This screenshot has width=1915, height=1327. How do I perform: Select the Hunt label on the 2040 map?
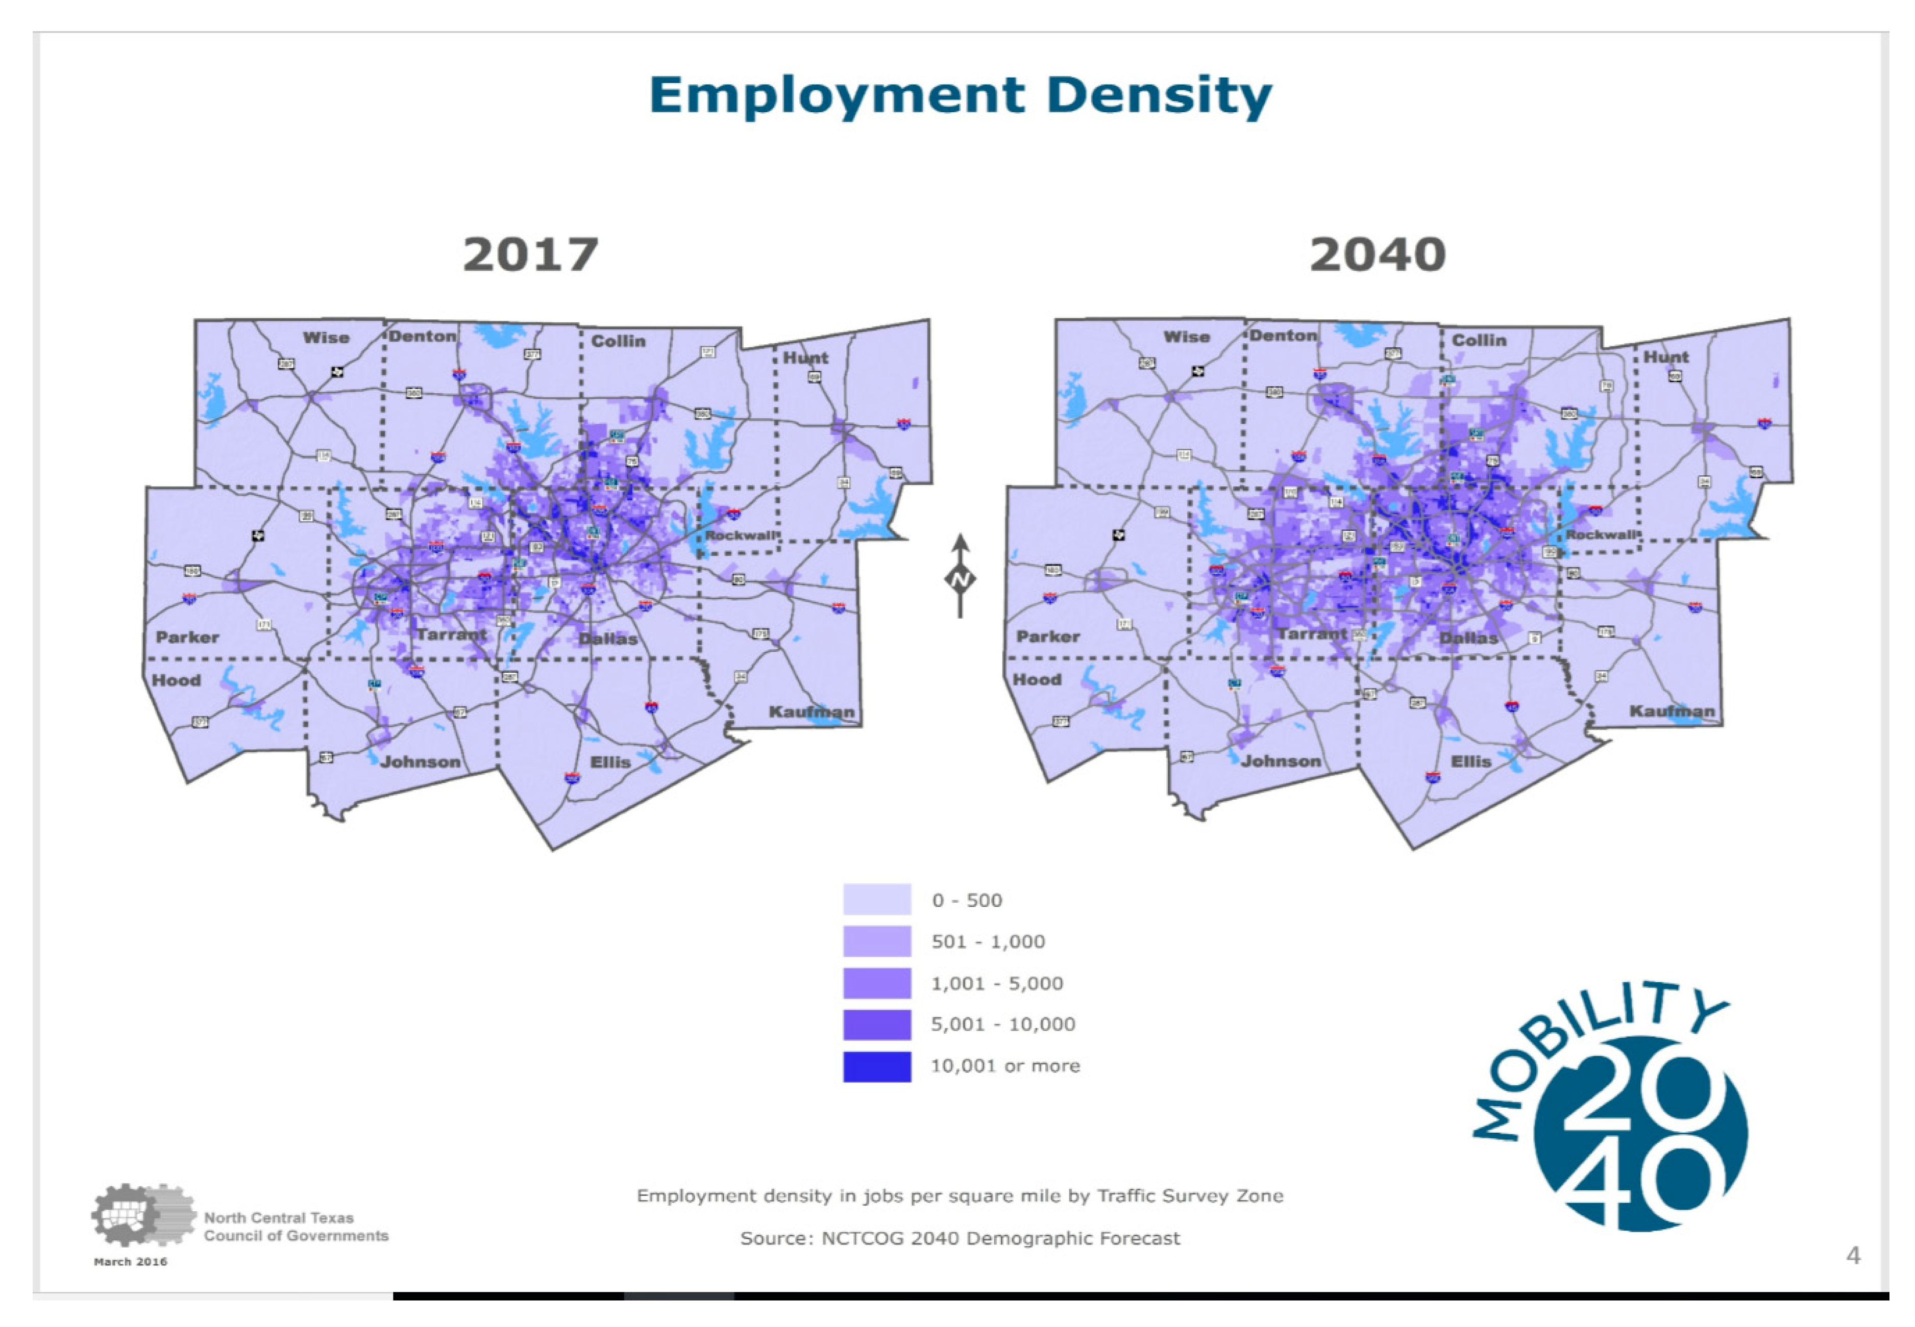tap(1665, 356)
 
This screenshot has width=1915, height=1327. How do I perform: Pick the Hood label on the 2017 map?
tap(177, 680)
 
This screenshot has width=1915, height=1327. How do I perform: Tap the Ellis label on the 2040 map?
tap(1471, 761)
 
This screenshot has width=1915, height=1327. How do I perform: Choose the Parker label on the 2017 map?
tap(187, 637)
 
